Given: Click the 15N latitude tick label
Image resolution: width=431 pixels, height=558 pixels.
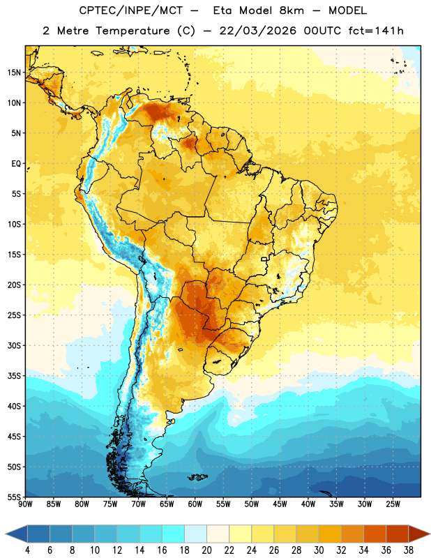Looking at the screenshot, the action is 14,73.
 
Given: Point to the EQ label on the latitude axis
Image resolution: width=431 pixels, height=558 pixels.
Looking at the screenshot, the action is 16,164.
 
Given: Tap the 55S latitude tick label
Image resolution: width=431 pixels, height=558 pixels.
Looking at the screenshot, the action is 14,497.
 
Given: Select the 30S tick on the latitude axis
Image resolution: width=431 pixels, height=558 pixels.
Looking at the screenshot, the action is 14,345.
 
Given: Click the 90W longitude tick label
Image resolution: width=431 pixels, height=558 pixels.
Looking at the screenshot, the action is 25,504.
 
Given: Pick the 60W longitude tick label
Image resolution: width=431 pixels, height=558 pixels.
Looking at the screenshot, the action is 195,504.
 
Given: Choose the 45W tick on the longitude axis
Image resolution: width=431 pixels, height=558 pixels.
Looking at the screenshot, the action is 280,504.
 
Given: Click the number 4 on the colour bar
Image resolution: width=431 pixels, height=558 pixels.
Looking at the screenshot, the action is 27,550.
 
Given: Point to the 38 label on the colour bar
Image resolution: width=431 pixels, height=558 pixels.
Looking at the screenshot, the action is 409,550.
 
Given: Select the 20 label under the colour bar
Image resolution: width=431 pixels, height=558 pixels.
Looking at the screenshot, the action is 206,550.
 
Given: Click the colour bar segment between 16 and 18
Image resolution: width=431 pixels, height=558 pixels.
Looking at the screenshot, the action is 174,534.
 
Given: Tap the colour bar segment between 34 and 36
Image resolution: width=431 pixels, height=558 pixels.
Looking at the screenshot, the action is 375,534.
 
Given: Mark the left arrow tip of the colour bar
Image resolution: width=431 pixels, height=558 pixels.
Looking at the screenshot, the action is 6,534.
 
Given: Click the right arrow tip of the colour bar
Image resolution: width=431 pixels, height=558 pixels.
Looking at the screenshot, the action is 430,534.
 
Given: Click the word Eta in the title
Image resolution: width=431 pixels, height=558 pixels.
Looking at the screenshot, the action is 222,10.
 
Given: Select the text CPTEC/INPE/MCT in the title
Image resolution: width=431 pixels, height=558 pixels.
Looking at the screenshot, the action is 130,11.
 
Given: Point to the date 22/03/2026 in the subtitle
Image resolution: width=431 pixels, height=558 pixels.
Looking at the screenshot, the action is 257,31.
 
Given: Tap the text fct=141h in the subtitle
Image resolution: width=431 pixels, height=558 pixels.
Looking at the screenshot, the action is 376,31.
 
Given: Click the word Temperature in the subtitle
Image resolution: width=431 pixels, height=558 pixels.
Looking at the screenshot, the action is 133,31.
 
